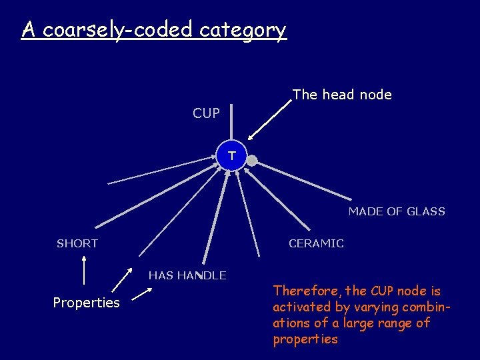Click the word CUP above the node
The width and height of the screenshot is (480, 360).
tap(206, 113)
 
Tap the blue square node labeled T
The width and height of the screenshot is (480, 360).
tap(231, 156)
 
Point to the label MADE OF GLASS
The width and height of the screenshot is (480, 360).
tap(397, 211)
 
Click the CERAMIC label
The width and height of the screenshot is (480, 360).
tap(316, 243)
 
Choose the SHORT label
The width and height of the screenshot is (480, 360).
tap(77, 243)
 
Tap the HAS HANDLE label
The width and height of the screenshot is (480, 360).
tap(187, 275)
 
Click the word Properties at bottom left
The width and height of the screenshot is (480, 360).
tap(86, 303)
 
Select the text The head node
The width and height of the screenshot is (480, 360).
tap(342, 95)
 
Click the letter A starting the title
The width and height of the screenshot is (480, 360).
tap(28, 30)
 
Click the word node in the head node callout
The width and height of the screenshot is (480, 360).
tap(375, 95)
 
